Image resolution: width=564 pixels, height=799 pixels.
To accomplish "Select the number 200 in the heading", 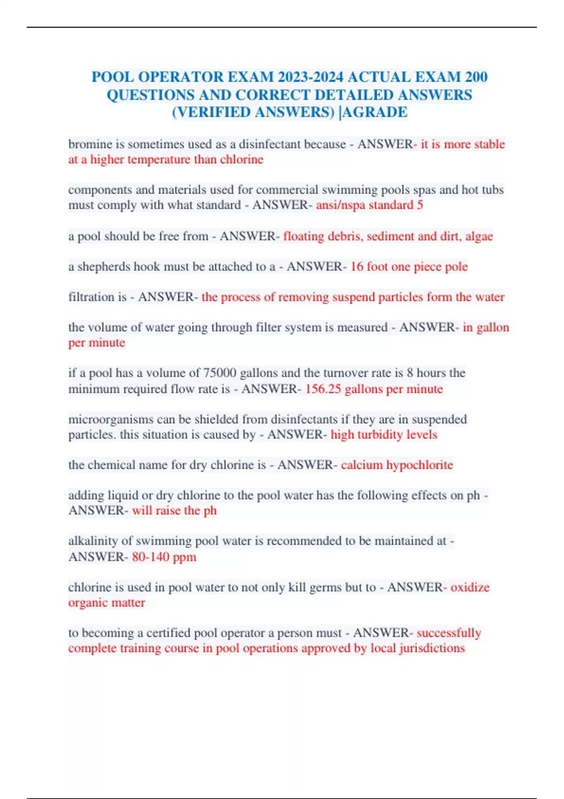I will [x=476, y=77].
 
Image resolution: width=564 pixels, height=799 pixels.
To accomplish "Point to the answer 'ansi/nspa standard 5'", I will [x=369, y=205].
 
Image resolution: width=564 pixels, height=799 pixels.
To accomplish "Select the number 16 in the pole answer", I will [x=357, y=266].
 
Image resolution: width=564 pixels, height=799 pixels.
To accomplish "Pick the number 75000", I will [x=219, y=373].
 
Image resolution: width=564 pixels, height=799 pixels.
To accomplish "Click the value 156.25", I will [x=323, y=389].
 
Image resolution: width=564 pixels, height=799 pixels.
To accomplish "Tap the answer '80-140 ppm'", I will [x=164, y=557].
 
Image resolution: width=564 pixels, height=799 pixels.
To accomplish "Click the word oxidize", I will [x=470, y=587].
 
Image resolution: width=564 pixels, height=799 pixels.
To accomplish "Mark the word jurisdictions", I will [x=432, y=648].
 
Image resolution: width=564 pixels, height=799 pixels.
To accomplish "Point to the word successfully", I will [x=449, y=633].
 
